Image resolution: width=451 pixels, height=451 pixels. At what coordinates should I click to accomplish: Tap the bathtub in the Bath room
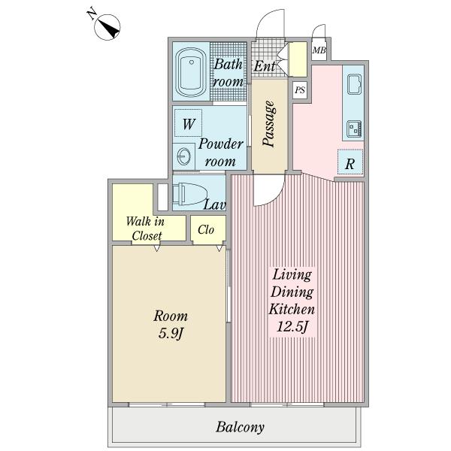click(191, 72)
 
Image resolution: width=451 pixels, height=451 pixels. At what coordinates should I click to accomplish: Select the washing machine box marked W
click(188, 123)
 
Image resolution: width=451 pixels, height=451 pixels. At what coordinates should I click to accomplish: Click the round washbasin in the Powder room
click(183, 157)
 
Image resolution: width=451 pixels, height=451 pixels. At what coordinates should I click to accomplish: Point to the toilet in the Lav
click(190, 194)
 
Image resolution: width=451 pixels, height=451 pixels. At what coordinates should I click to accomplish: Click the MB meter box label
click(319, 50)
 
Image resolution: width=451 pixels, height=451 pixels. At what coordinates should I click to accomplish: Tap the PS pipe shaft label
click(300, 90)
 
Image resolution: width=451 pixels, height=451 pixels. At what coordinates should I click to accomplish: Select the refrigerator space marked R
click(350, 162)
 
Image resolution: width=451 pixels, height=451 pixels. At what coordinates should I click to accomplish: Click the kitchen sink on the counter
click(354, 84)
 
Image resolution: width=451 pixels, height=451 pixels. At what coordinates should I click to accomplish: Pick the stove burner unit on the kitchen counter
click(354, 129)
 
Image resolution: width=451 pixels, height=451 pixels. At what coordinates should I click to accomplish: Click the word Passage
click(270, 124)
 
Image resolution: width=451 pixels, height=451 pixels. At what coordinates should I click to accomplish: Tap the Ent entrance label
click(265, 66)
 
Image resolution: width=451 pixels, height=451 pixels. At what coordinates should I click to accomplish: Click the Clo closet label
click(206, 229)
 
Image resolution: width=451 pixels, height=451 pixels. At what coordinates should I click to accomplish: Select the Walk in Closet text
click(146, 229)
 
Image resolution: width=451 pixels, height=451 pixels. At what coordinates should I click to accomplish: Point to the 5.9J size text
click(171, 334)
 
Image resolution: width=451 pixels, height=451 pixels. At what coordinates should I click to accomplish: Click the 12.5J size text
click(292, 327)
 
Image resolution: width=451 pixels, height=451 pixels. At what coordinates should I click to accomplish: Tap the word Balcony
click(241, 427)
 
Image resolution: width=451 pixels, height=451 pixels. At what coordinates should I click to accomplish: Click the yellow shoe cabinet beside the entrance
click(298, 59)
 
